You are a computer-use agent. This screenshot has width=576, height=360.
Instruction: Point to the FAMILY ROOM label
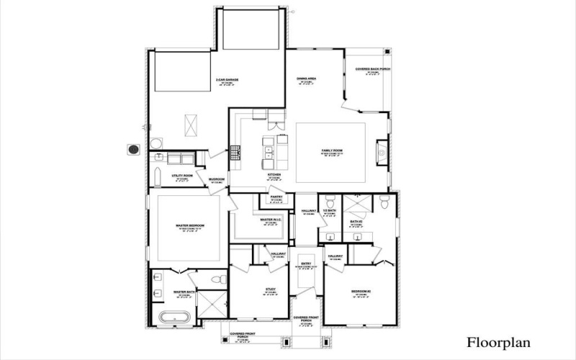coord(331,150)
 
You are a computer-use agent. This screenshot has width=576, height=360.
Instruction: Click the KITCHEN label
coord(274,174)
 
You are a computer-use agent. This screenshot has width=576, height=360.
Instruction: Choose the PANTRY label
coord(276,196)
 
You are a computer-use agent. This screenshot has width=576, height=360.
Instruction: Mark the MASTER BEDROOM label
coord(190,225)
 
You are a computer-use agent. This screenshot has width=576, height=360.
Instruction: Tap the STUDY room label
coord(271,289)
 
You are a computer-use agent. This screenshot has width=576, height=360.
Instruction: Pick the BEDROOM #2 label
coord(360,291)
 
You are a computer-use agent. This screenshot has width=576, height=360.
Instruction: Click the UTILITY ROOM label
coord(181,175)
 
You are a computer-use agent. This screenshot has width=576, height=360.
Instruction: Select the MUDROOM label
coord(217,179)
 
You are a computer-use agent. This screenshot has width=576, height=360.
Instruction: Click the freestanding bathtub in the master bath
coord(174,317)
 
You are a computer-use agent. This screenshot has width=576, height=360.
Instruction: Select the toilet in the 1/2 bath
coord(330,202)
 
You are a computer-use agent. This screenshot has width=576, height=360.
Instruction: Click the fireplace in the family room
coord(381,152)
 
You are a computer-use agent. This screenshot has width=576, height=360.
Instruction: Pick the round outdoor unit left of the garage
coord(132,149)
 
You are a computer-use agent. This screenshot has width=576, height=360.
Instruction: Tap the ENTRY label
coord(306,264)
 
